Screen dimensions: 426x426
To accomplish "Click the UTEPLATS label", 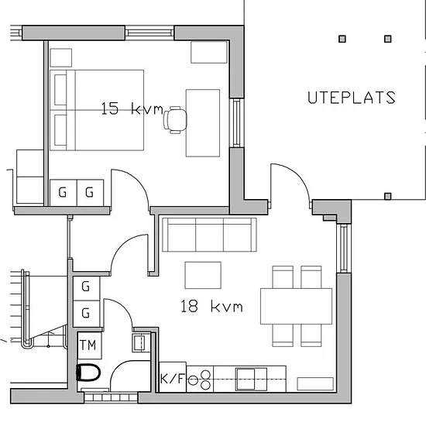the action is tap(352, 98).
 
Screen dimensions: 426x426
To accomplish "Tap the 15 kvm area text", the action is tap(132, 108).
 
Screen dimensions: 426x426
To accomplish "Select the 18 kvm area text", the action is tap(211, 306).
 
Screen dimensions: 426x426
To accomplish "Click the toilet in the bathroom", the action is tap(88, 373).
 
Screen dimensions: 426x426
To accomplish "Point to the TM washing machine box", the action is tap(89, 345).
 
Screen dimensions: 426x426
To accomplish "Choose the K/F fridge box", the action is tap(173, 377).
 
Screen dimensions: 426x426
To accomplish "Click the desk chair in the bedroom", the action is tap(175, 120).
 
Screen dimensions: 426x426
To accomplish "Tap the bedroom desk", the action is tap(203, 123).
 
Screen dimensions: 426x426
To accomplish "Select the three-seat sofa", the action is tap(209, 235).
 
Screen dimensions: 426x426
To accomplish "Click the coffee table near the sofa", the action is tap(203, 275).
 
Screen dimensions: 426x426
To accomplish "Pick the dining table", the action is tap(296, 306).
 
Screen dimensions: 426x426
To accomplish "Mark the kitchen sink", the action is tap(251, 379).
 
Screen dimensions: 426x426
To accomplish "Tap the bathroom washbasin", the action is tap(141, 343).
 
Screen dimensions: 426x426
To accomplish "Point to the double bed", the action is tap(97, 110).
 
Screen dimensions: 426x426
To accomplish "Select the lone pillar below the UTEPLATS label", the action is tap(388, 196).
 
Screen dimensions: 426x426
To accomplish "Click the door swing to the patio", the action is tap(296, 174).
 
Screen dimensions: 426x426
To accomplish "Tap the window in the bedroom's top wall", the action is tap(149, 33).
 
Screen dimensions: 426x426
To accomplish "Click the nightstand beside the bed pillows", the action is tap(61, 57).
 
